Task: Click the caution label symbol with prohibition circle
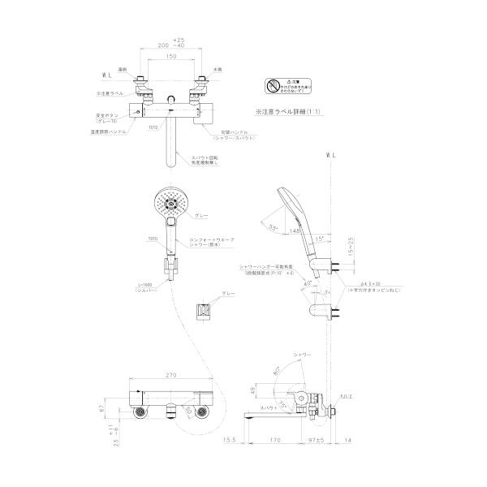point(273,87)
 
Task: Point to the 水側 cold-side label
point(218,71)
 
